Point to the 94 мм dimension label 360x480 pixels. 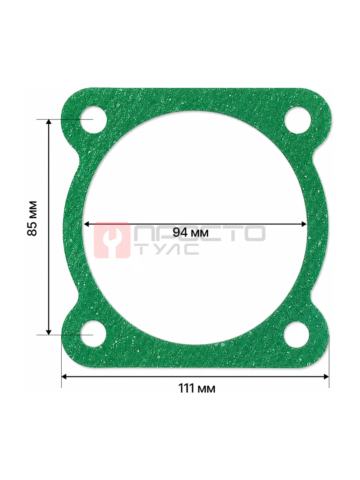coord(190,233)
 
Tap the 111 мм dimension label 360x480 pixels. coord(197,388)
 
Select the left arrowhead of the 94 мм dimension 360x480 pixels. coord(86,224)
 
